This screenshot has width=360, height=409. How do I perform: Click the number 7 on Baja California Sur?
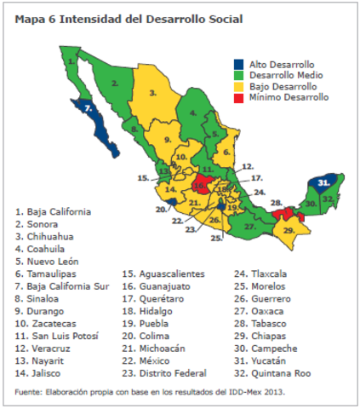pos(88,108)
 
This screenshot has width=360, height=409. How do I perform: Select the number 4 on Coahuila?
pos(193,112)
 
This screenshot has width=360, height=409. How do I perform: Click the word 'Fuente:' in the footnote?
pos(28,392)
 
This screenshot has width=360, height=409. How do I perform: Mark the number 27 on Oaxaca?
pos(249,228)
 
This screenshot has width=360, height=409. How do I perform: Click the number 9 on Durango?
pos(169,138)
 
